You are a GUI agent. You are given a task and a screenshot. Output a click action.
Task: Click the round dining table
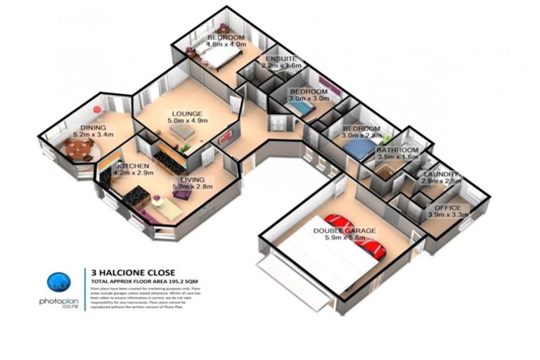(x=79, y=148)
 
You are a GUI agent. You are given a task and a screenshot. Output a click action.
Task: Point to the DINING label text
(x=93, y=127)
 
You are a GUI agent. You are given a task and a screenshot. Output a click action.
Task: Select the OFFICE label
(x=447, y=208)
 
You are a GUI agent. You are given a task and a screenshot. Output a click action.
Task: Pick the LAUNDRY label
(x=441, y=174)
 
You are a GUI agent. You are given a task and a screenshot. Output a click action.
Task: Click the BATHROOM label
(x=397, y=150)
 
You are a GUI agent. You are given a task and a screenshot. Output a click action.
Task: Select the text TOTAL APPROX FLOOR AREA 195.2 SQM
(x=146, y=281)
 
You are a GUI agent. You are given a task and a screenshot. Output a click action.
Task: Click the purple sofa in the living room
(x=183, y=193)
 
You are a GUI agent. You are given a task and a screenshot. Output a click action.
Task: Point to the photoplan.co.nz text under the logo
(x=58, y=302)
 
